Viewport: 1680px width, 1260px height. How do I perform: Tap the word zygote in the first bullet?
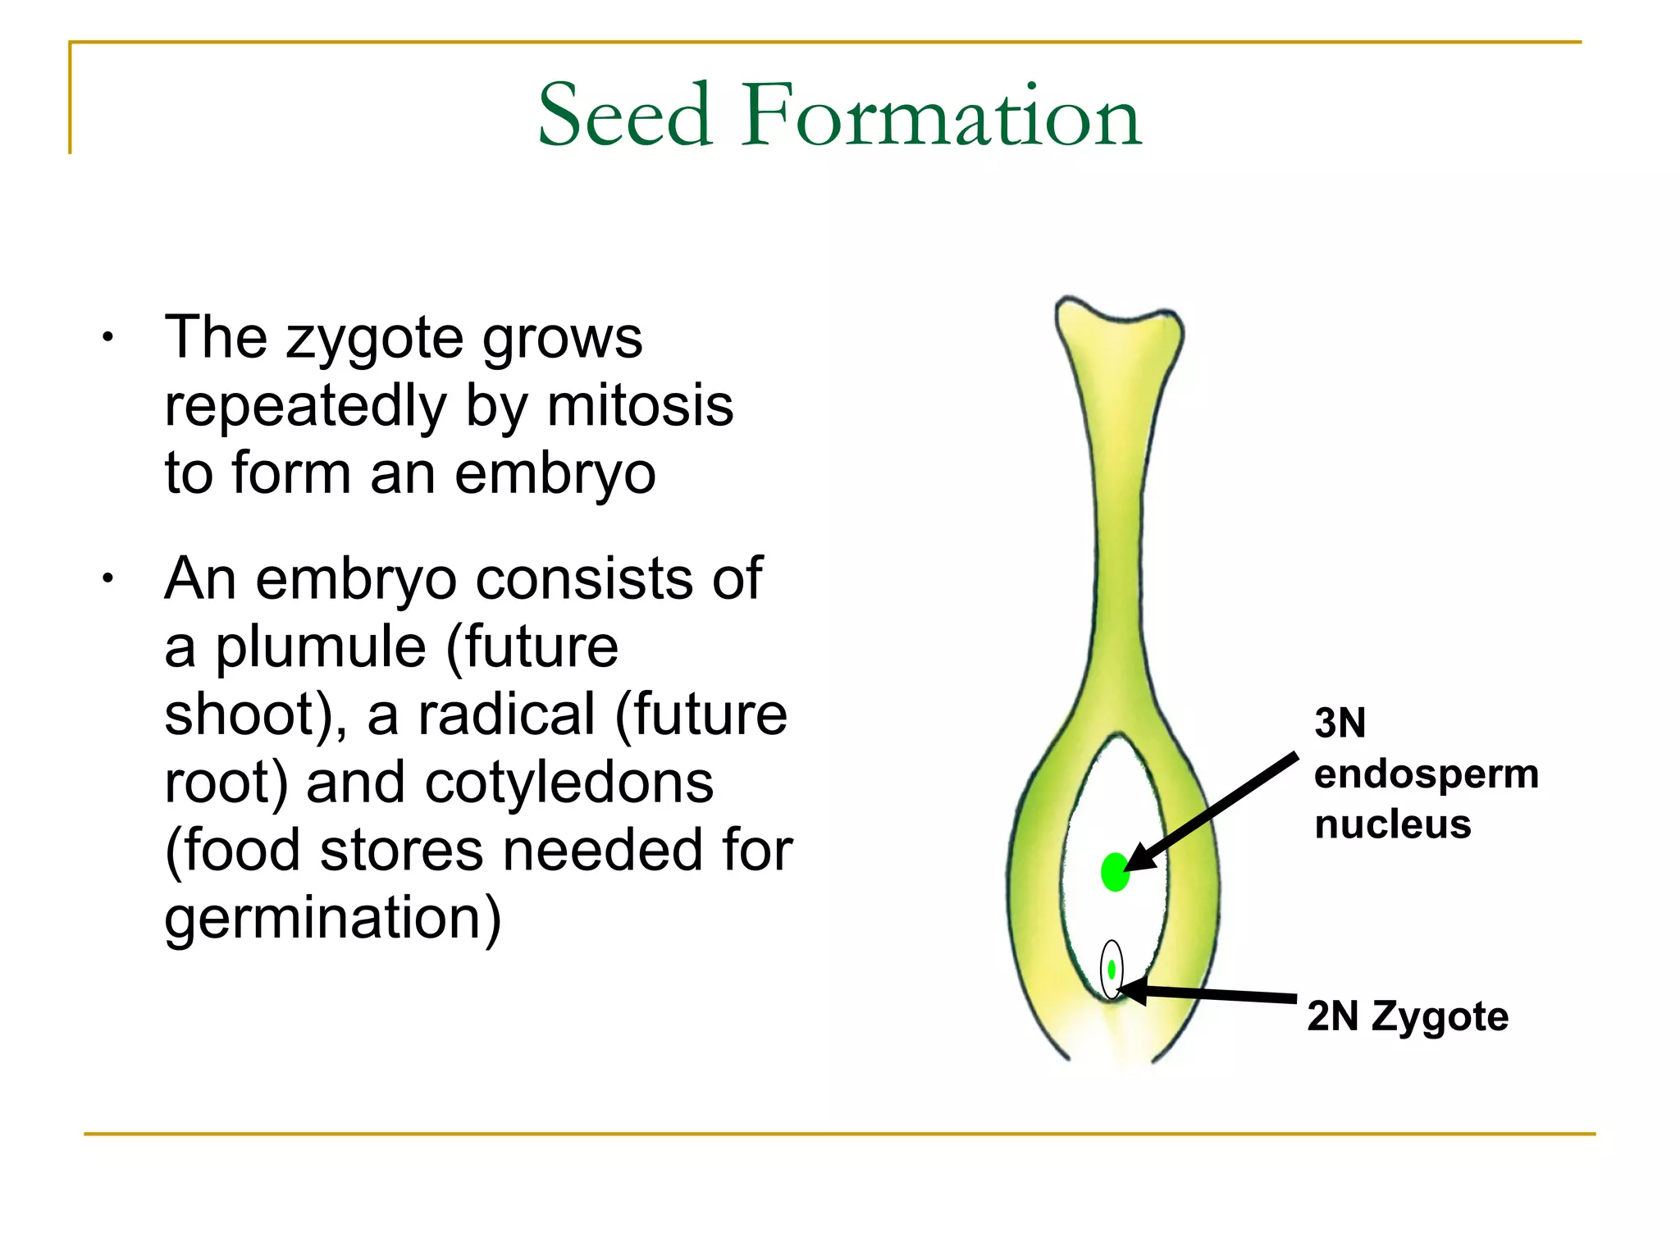coord(374,340)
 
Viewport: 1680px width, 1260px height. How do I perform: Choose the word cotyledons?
coord(568,782)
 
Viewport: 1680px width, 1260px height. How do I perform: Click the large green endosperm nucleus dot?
coord(1115,872)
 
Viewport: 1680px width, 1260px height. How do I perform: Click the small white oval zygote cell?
coord(1111,970)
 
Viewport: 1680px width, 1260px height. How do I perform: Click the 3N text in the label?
coord(1339,724)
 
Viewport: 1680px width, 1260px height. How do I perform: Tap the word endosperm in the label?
coord(1426,774)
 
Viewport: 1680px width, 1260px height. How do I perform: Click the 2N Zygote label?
coord(1407,1016)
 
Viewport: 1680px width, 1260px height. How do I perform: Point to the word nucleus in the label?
coord(1392,824)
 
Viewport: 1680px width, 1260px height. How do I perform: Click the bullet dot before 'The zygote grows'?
coord(107,338)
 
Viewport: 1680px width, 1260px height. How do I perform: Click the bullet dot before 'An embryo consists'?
coord(107,579)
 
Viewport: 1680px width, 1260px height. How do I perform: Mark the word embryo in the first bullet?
coord(555,474)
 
